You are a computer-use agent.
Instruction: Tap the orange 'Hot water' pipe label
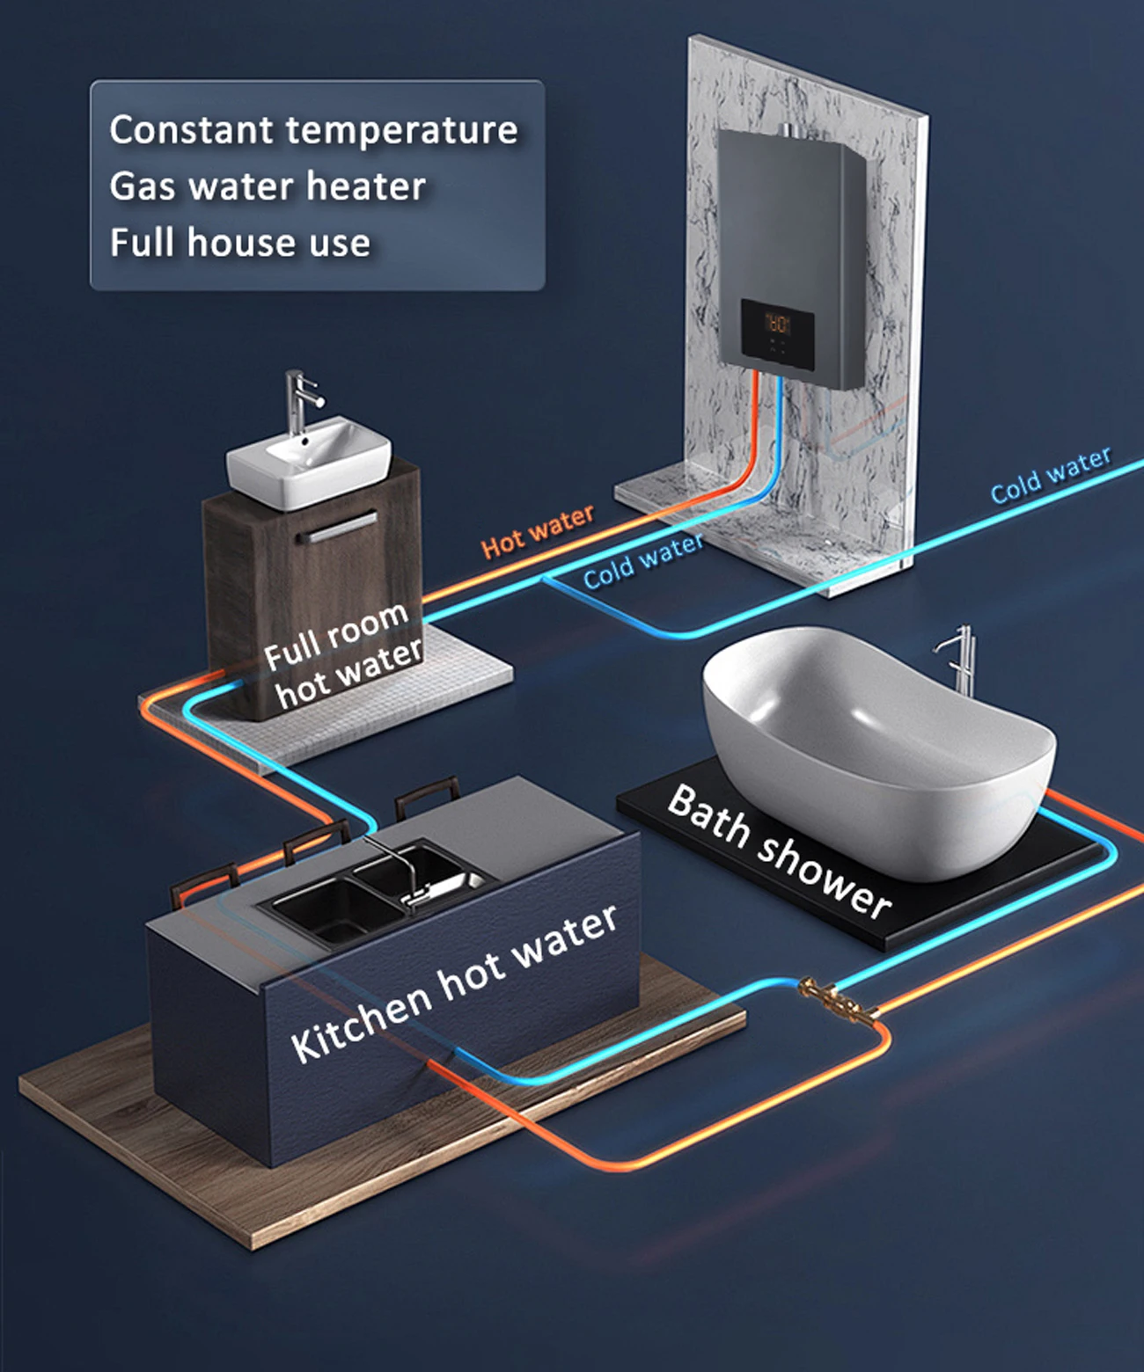[x=537, y=531]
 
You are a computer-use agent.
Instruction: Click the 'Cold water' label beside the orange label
[x=643, y=560]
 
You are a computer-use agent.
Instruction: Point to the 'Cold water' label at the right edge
[x=1051, y=475]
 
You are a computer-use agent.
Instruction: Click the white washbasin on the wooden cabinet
[x=308, y=462]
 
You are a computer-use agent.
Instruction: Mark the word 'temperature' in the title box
[x=401, y=131]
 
